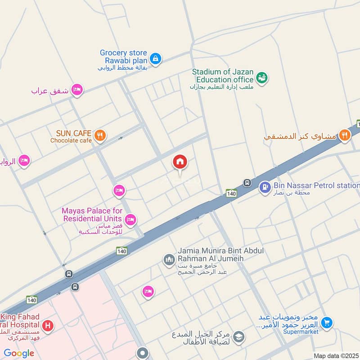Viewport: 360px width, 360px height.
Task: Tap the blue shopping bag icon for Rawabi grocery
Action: [x=155, y=58]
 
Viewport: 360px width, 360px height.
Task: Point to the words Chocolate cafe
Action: [x=71, y=140]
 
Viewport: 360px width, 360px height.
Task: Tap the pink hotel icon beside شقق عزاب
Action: [x=77, y=90]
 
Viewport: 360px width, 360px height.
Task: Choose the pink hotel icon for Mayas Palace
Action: [x=130, y=220]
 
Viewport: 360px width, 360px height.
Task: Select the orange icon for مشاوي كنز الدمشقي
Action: [x=344, y=135]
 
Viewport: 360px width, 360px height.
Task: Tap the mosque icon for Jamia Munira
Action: [x=169, y=260]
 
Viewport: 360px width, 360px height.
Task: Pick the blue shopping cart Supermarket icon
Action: [x=327, y=322]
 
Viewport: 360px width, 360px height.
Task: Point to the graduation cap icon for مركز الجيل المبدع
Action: [x=238, y=336]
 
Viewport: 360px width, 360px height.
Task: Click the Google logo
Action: [x=19, y=353]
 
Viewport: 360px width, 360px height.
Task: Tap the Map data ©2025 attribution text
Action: [x=336, y=356]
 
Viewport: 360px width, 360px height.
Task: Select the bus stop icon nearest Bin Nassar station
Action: [x=247, y=182]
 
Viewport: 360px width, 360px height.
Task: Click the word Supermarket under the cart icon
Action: [x=301, y=332]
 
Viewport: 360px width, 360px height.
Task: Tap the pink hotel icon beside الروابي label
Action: [x=24, y=161]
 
